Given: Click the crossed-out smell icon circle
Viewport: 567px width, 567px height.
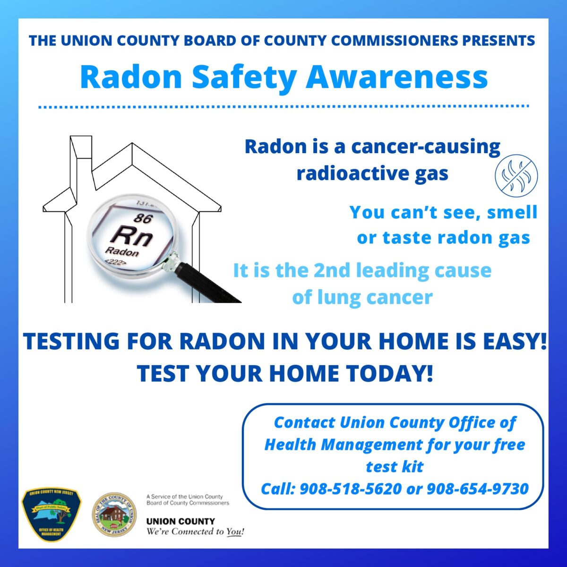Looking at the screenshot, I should point(516,174).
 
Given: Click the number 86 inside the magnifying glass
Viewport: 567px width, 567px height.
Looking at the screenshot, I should point(142,218).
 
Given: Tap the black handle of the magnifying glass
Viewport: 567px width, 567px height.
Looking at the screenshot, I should point(208,283).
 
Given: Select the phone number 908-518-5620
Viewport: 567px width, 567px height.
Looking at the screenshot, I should point(350,489).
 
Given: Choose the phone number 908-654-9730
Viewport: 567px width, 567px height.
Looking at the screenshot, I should point(477,489).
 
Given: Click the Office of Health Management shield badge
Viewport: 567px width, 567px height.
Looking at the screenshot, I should point(52,514).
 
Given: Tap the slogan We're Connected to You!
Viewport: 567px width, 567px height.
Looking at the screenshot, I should point(195,532).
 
